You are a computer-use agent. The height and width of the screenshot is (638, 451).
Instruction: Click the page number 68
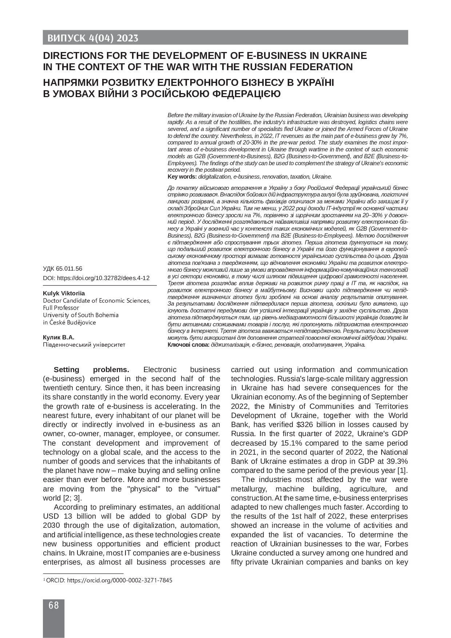(x=53, y=605)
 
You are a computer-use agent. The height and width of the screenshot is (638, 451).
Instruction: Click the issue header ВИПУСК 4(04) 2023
(x=91, y=38)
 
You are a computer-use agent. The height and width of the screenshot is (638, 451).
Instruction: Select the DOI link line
(x=96, y=278)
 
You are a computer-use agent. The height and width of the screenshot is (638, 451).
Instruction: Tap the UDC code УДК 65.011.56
(x=63, y=269)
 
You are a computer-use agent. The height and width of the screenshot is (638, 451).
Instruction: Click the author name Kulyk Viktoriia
(x=64, y=293)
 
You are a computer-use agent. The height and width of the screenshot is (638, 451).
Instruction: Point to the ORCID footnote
(x=108, y=580)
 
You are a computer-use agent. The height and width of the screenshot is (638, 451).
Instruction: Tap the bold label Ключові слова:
(x=188, y=344)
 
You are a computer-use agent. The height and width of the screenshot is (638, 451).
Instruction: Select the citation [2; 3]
(x=72, y=498)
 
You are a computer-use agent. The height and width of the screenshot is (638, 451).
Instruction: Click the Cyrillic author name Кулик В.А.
(x=59, y=337)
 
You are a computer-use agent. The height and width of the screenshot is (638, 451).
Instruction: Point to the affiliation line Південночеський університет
(x=84, y=344)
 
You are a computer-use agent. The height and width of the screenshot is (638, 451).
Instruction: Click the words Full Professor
(x=61, y=308)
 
